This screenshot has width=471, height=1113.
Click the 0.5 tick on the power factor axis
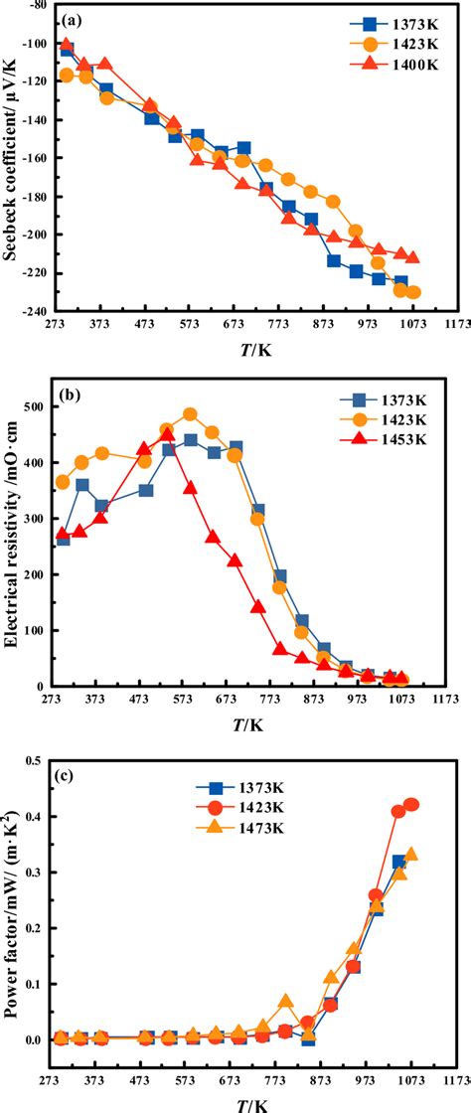coord(44,760)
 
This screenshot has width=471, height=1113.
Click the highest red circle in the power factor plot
coord(411,805)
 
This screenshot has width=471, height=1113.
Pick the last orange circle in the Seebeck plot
coord(413,292)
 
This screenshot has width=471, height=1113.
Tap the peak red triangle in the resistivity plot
coord(168,434)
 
